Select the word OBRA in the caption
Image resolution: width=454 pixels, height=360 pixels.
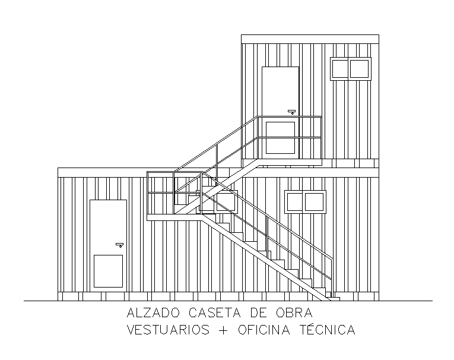click(x=294, y=313)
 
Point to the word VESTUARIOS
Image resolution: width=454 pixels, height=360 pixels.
click(x=168, y=330)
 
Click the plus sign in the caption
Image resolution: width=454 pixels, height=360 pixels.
click(x=223, y=330)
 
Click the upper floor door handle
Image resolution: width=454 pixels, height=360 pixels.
click(x=291, y=111)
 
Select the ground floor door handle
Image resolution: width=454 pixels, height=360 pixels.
click(x=119, y=244)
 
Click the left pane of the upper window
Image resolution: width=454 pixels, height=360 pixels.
click(x=339, y=68)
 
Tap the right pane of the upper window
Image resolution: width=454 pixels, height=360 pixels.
click(x=360, y=68)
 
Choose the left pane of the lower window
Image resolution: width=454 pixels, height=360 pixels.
click(x=294, y=201)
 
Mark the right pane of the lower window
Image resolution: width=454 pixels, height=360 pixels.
click(x=315, y=201)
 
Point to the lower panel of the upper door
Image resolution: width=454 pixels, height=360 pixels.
click(x=280, y=137)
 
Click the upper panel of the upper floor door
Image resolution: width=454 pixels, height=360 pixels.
click(x=280, y=89)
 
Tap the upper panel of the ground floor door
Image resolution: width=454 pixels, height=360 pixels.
click(x=109, y=223)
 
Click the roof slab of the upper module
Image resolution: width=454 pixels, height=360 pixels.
click(x=310, y=39)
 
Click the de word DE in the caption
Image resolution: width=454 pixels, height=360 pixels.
click(x=259, y=313)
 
